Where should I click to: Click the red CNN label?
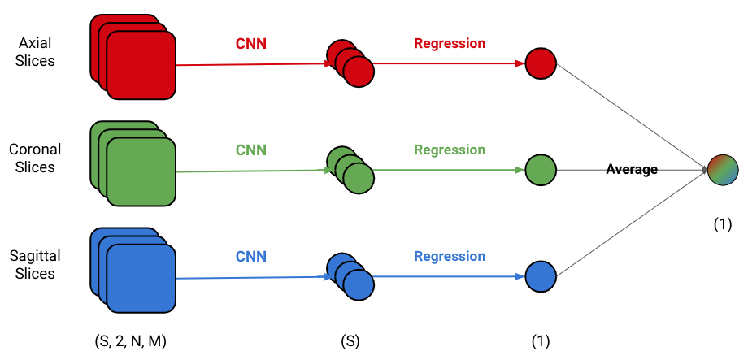[251, 43]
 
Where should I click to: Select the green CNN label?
[251, 150]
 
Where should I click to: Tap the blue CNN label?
[251, 257]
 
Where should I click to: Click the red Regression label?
[450, 43]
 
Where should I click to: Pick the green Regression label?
[450, 150]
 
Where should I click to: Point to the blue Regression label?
[450, 257]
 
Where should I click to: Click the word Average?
[632, 169]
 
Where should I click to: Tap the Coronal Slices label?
[35, 158]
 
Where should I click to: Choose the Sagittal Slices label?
[35, 265]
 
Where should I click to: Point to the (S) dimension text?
[350, 342]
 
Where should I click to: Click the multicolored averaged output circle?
[723, 170]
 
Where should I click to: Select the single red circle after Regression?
[541, 63]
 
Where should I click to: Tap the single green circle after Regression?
[541, 170]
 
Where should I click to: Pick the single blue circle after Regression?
[541, 276]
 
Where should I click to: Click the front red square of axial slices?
[141, 65]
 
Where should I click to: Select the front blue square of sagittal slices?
[141, 279]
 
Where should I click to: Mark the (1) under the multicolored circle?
[723, 224]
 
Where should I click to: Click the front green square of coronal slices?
[141, 171]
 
